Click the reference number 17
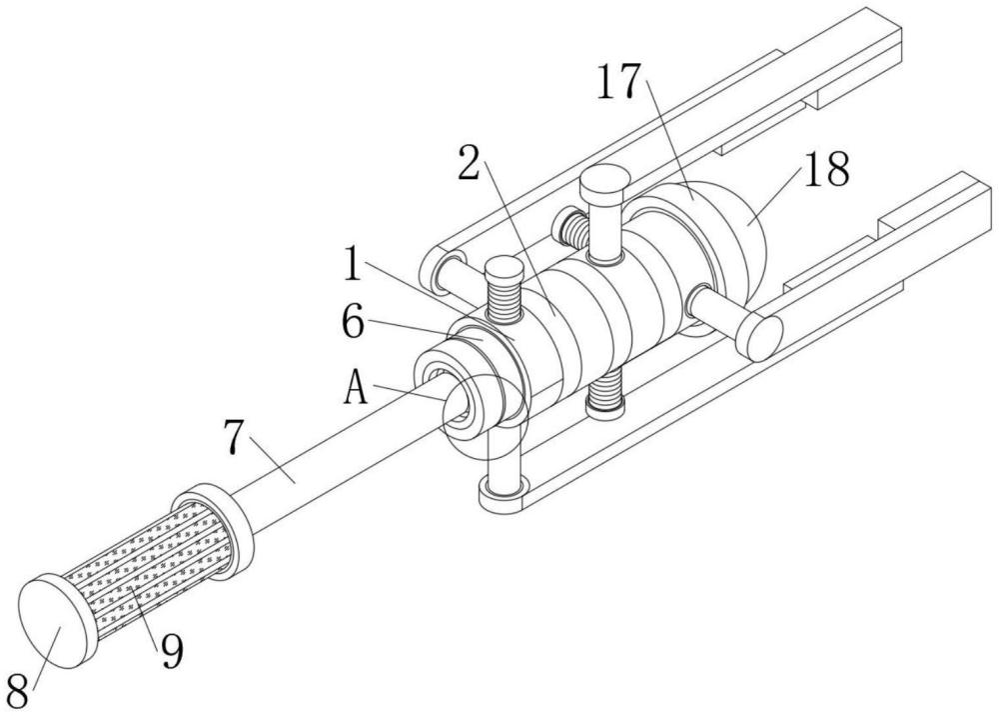coord(619,82)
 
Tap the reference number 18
coord(826,169)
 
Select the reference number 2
coord(470,163)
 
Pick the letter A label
coord(357,388)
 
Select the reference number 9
coord(172,651)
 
